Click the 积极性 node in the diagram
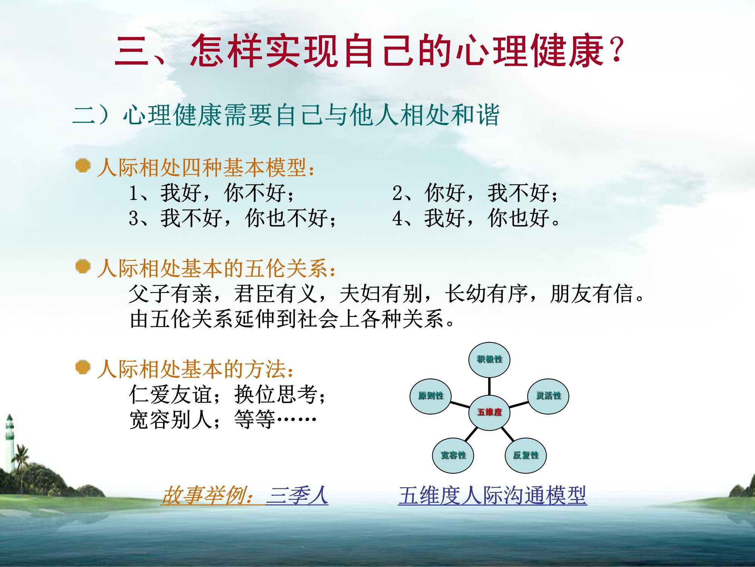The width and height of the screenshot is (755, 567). [489, 359]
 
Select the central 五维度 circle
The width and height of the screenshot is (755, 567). [490, 412]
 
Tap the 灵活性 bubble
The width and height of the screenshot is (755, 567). [548, 396]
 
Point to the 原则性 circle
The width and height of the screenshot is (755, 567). [431, 396]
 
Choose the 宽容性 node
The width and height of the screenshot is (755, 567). [453, 455]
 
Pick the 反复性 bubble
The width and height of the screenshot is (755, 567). [526, 455]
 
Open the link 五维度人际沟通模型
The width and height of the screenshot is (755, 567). [492, 496]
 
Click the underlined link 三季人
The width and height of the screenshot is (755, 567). [297, 496]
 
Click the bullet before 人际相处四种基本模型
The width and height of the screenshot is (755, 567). [83, 166]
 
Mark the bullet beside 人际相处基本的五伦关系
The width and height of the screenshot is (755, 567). [83, 266]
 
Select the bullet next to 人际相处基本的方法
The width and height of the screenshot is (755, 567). [83, 367]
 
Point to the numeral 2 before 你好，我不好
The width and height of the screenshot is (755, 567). [398, 193]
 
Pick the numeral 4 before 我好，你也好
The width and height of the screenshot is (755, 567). [398, 218]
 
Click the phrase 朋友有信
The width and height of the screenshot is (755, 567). [592, 294]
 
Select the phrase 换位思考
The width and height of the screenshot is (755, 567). [276, 395]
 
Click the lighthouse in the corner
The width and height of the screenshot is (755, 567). [9, 438]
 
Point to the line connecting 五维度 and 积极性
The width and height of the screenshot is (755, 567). [489, 386]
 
